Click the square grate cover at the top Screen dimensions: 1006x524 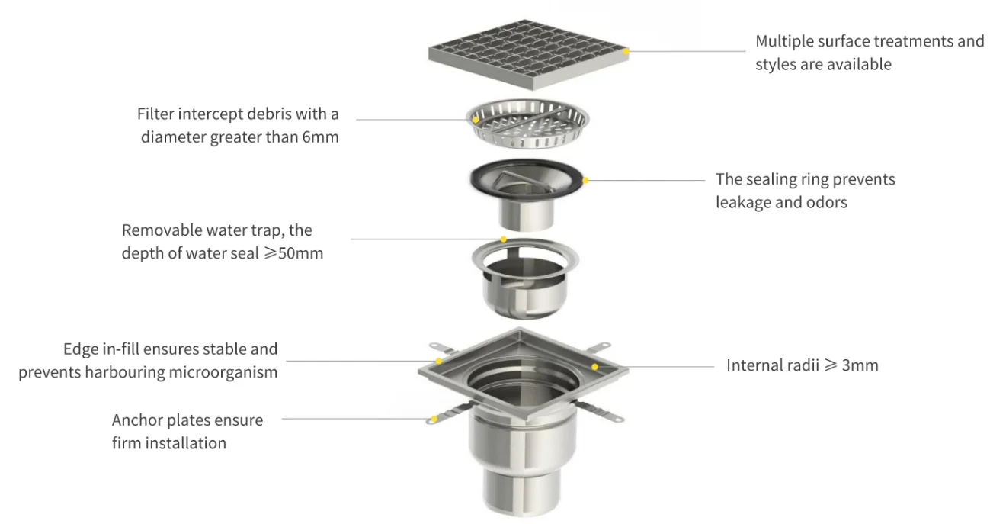(529, 54)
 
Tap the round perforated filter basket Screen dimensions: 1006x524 (527, 123)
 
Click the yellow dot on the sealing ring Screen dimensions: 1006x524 (585, 180)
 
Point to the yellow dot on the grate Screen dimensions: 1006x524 (626, 51)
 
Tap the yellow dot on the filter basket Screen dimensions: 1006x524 (476, 120)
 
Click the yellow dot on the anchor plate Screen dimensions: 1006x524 (434, 419)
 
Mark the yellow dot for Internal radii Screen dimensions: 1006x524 (594, 367)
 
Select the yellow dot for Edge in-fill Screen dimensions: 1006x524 (439, 361)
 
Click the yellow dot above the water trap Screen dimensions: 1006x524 (504, 239)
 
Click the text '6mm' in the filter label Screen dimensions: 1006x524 (320, 137)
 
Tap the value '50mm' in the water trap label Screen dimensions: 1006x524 (300, 253)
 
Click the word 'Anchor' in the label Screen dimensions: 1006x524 (136, 420)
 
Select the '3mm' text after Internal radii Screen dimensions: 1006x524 (860, 365)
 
